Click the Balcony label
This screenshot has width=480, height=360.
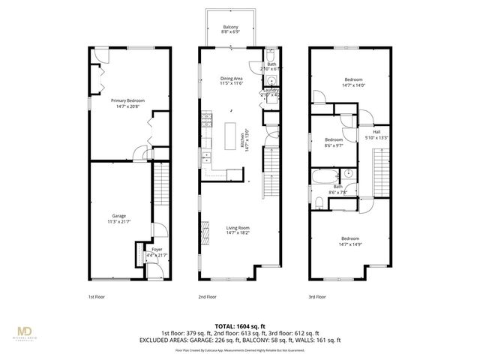point(230,28)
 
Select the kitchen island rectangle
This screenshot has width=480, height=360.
point(229,136)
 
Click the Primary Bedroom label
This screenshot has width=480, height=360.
point(127,103)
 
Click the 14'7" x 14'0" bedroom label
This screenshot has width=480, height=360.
point(353,82)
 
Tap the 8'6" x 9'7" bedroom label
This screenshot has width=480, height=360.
point(334,142)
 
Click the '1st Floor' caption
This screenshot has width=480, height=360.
point(97,297)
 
